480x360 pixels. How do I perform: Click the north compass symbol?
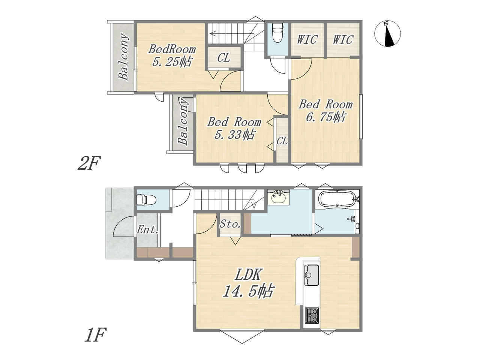point(387,34)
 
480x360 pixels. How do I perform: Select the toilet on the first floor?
point(146,200)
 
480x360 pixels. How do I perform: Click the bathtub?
point(337,199)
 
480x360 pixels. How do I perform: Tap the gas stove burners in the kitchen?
point(312,316)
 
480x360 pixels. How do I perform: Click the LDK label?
point(248,275)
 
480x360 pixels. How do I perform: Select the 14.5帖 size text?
point(248,291)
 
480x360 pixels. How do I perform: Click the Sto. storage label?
point(230,224)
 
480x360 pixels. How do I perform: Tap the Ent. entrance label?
point(147,230)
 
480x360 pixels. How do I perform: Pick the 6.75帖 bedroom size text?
point(325,117)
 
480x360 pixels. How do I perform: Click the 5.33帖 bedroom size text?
point(234,135)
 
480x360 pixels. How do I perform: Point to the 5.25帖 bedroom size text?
point(172,62)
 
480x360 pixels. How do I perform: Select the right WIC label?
point(343,40)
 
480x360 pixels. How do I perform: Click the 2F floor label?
point(88,163)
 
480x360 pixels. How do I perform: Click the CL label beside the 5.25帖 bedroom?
point(223,58)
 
